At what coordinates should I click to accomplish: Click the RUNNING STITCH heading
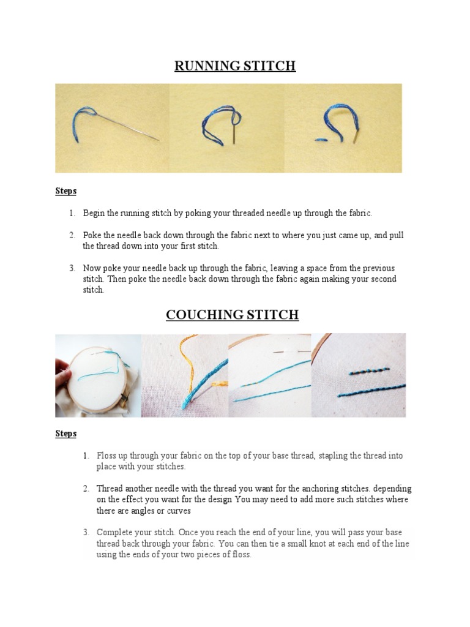(235, 66)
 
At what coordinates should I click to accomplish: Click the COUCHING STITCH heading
(232, 315)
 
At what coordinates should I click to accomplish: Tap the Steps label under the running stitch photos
(65, 191)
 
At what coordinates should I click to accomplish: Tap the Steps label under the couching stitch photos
(65, 434)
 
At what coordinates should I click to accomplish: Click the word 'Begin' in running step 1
(94, 213)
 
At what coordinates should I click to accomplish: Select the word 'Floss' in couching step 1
(106, 456)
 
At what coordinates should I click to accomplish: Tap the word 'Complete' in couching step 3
(114, 533)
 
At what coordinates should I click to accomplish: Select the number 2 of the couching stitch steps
(86, 489)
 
